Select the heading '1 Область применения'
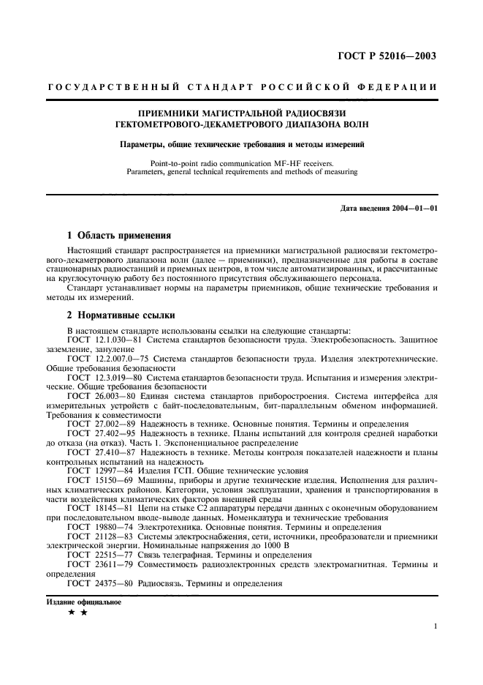(x=118, y=236)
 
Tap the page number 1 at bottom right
(x=435, y=626)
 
